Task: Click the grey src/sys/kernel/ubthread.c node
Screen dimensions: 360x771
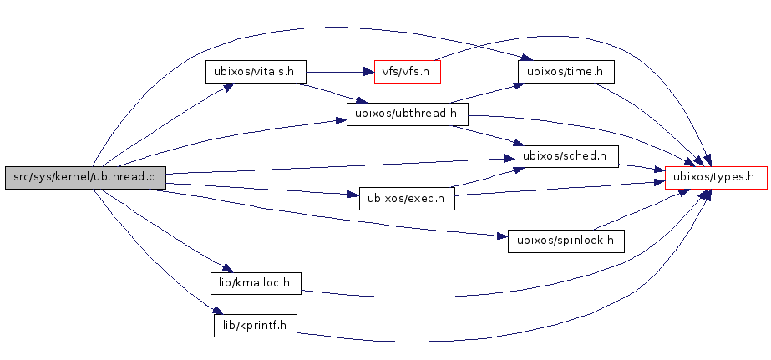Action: point(84,177)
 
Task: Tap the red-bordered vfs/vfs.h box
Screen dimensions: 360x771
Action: point(407,72)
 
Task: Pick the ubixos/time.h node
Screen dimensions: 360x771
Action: point(566,72)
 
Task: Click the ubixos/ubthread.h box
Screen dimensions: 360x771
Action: point(406,114)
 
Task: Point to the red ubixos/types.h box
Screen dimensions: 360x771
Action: point(715,177)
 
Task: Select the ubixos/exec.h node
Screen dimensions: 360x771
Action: point(406,199)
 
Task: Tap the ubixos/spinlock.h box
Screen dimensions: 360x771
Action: point(566,241)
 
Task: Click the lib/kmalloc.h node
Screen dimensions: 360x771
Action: point(256,283)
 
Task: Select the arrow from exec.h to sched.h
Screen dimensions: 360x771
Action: point(484,178)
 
